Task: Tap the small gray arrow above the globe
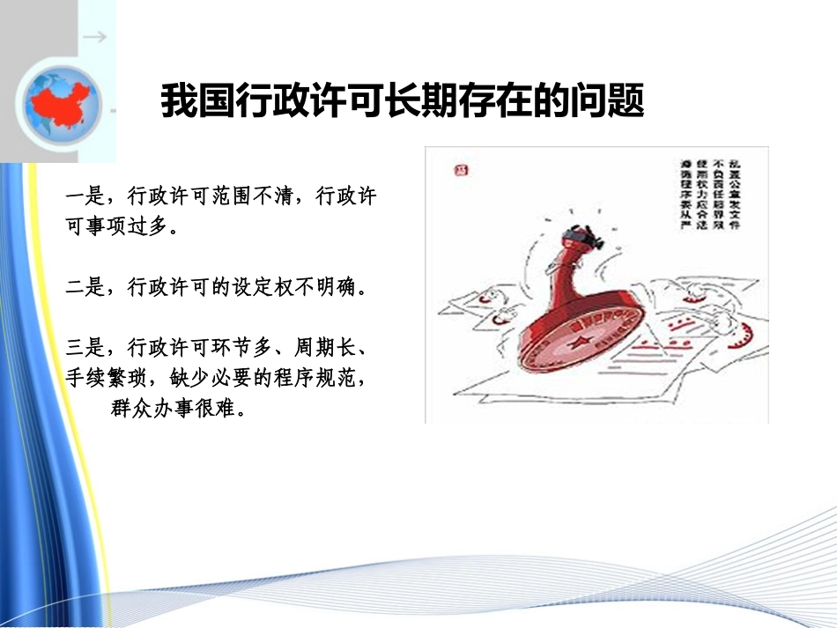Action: (96, 38)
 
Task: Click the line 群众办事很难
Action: (176, 410)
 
